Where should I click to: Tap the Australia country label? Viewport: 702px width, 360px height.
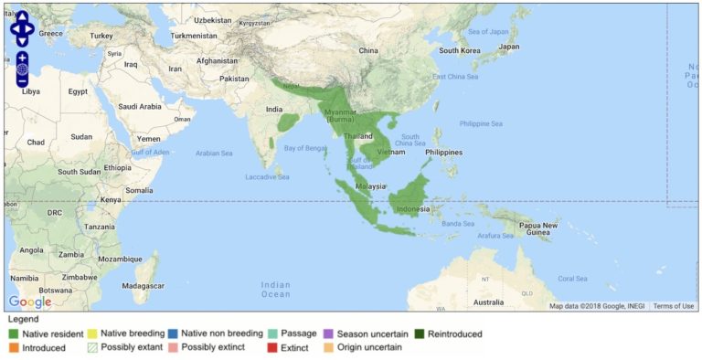(487, 302)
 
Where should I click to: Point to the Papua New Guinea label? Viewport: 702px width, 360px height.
(539, 228)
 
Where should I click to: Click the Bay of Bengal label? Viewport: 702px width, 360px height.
(304, 147)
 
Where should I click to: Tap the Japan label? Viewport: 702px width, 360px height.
(508, 47)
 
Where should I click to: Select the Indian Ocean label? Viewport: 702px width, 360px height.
(275, 289)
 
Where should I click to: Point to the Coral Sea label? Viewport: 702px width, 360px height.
(572, 278)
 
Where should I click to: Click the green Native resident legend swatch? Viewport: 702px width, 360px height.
(14, 334)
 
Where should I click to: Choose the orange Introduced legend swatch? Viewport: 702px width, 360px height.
(14, 348)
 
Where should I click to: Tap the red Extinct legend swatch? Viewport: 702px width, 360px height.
(271, 348)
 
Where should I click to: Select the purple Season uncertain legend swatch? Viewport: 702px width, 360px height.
(328, 334)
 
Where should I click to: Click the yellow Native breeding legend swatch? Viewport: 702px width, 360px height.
(92, 334)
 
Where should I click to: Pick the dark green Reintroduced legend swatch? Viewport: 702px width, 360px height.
(420, 334)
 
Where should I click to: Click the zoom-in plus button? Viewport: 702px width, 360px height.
(22, 58)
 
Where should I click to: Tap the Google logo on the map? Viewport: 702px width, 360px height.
(30, 302)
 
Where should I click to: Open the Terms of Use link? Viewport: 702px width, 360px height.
(673, 306)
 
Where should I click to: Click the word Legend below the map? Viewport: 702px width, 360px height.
(23, 320)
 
